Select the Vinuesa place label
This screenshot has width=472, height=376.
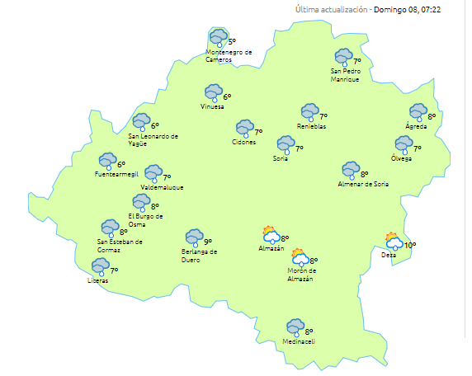[x=212, y=107]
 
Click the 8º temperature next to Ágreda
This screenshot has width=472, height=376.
[x=432, y=116]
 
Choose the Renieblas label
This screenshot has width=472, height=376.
[x=312, y=126]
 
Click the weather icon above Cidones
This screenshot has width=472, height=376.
[x=244, y=129]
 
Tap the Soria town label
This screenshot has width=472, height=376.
[x=281, y=158]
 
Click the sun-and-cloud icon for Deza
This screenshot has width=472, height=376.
[x=394, y=241]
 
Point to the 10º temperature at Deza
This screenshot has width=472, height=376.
[x=410, y=245]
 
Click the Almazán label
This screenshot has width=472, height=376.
[x=271, y=248]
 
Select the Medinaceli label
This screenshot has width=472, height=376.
[x=298, y=341]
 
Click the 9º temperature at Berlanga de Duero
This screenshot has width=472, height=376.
[x=208, y=242]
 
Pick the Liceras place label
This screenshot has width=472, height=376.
[x=97, y=281]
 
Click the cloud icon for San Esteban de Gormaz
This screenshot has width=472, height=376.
[x=109, y=228]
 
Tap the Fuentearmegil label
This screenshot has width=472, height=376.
[x=113, y=174]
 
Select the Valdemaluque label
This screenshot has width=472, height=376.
[x=161, y=187]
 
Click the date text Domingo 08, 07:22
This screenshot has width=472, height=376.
[x=407, y=10]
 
